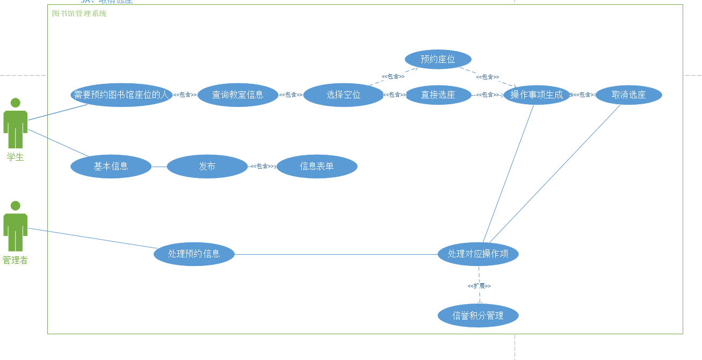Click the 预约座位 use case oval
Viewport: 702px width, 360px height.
tap(438, 59)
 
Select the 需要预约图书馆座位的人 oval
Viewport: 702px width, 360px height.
tap(121, 95)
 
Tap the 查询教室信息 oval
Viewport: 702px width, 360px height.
tap(237, 95)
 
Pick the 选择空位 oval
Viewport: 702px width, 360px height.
tap(343, 95)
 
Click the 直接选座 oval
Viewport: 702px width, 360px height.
tap(438, 95)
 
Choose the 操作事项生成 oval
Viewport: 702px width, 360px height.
tap(537, 95)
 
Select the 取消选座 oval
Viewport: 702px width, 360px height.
tap(628, 95)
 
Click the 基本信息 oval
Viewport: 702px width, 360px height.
tap(111, 167)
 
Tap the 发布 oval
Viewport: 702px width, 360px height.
tap(207, 167)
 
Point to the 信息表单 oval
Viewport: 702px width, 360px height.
tap(317, 167)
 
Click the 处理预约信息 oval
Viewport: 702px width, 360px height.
tap(194, 254)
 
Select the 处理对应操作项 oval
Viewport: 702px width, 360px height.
tap(478, 254)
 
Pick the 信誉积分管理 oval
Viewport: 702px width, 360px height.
tap(478, 315)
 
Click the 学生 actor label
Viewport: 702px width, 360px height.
tap(15, 157)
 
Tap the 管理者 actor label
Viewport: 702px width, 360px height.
tap(15, 261)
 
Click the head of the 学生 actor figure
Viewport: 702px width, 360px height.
tap(16, 103)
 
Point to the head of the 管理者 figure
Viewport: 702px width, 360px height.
tap(16, 206)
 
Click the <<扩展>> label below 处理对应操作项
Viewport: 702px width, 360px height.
tap(479, 286)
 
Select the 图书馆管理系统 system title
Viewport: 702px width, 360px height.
tap(79, 13)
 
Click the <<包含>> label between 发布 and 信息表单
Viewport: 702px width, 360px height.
tap(263, 167)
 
